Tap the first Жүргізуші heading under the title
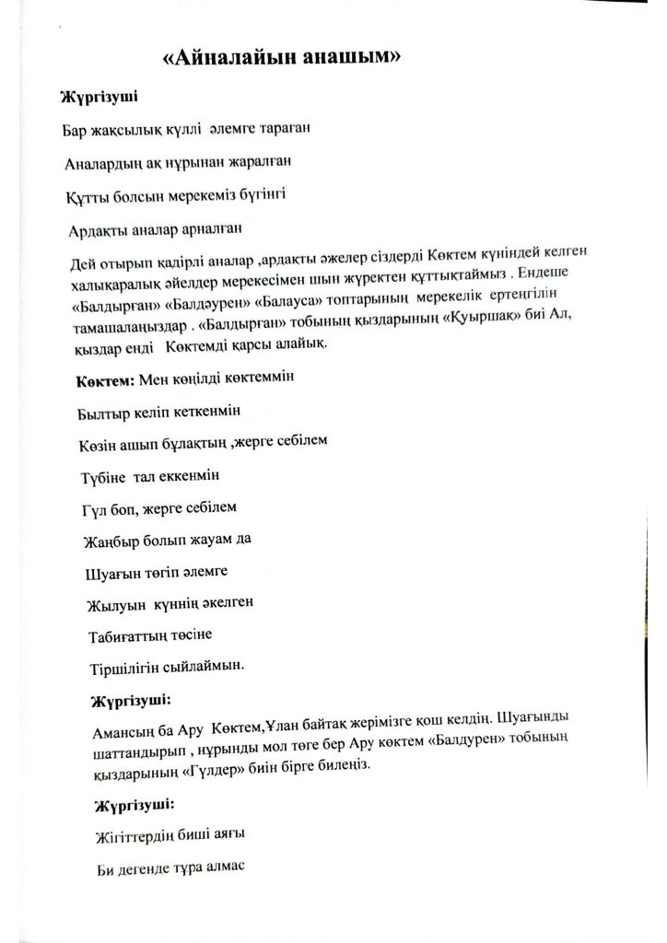click(99, 97)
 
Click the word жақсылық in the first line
click(117, 130)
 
